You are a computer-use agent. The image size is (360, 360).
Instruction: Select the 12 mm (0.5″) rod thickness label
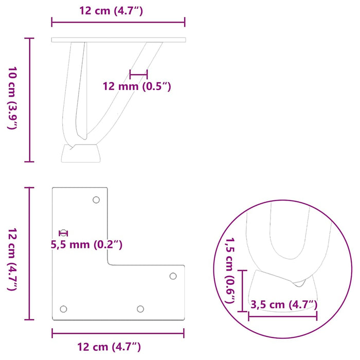(137, 86)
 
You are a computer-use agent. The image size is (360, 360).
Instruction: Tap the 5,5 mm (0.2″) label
(86, 245)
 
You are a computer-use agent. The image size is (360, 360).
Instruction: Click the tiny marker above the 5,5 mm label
(63, 233)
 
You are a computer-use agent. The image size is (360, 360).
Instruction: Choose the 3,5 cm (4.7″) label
(283, 304)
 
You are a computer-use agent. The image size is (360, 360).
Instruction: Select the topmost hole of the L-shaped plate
(96, 200)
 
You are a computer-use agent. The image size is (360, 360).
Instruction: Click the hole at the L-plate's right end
(173, 276)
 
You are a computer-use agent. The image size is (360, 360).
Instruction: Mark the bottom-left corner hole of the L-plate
(63, 309)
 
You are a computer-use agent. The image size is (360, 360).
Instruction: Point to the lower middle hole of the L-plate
(140, 309)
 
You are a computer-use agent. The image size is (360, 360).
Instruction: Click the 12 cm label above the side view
(118, 10)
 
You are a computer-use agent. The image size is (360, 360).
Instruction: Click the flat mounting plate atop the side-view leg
(118, 39)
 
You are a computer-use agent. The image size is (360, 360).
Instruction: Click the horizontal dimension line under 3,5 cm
(282, 316)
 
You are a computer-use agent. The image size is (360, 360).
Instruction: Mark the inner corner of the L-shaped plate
(109, 264)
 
